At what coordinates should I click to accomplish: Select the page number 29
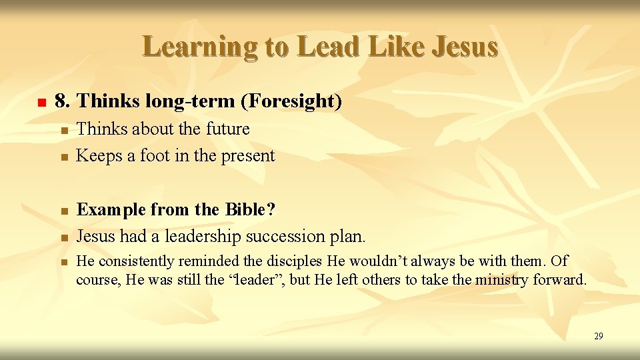[598, 336]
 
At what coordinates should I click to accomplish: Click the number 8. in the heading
[63, 101]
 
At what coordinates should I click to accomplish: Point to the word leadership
[203, 236]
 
